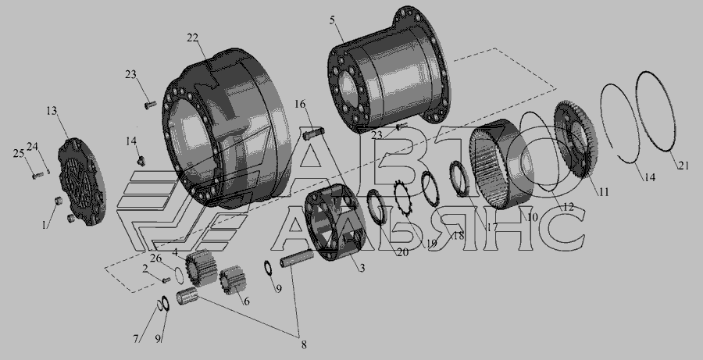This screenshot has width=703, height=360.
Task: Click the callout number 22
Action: [192, 38]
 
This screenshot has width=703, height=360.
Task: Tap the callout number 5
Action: [332, 20]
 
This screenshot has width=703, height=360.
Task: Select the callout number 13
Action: [52, 111]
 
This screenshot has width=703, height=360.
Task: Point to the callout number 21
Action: [683, 166]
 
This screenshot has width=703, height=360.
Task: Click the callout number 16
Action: [300, 105]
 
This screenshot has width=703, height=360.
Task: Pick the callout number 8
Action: [304, 344]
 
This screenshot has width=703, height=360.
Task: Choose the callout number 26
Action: [155, 258]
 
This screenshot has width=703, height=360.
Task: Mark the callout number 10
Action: [532, 217]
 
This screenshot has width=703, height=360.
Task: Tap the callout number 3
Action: [362, 268]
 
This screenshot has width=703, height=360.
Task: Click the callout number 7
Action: [135, 339]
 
